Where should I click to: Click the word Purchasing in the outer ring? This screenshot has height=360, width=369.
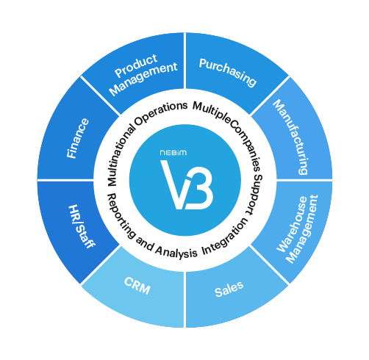click(x=228, y=73)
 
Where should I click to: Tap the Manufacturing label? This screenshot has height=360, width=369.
click(x=290, y=137)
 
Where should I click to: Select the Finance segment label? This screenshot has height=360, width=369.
click(x=78, y=138)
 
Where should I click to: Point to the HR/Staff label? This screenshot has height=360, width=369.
click(x=82, y=227)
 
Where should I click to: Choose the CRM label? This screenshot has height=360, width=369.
click(x=137, y=286)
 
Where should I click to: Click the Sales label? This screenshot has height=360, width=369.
click(x=229, y=289)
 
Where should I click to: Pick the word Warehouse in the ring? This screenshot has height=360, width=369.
click(x=292, y=224)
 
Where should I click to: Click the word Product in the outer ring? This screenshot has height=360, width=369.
click(x=136, y=65)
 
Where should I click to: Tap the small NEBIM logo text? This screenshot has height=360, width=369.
click(x=173, y=153)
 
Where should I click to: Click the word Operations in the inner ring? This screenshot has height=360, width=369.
click(x=161, y=113)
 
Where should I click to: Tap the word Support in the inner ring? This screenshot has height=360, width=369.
click(x=255, y=195)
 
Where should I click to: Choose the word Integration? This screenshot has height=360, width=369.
click(x=225, y=237)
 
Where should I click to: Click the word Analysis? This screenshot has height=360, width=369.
click(x=176, y=251)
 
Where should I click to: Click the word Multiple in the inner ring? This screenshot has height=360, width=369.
click(x=212, y=111)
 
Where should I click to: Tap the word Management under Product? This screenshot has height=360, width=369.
click(x=143, y=79)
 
